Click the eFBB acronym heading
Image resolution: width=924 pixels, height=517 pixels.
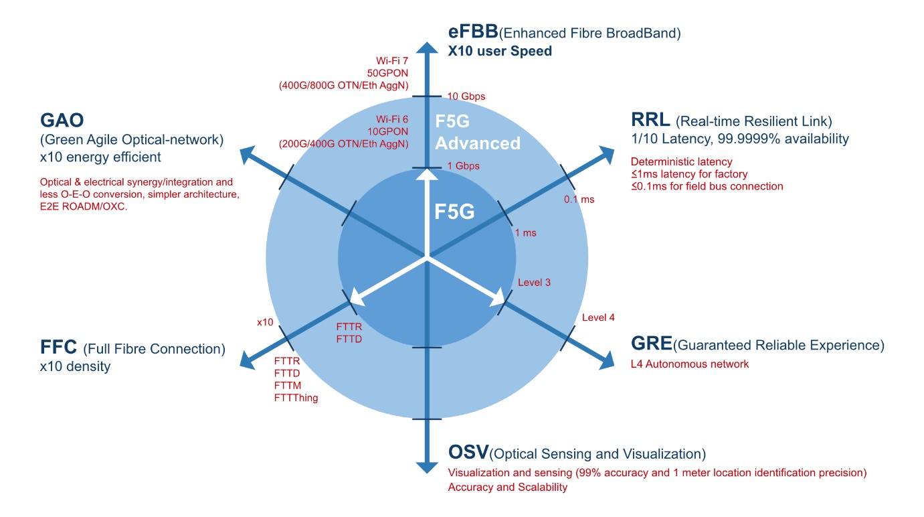point(473,31)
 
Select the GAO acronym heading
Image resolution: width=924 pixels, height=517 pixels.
point(62,121)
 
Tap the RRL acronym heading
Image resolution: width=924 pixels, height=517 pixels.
point(650,119)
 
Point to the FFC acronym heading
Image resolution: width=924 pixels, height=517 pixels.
point(58,347)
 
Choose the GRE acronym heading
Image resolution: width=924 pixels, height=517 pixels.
point(651,343)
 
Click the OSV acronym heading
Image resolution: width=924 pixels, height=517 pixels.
point(468,452)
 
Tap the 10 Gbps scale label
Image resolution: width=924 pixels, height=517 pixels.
point(466,96)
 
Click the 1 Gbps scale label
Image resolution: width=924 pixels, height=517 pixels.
point(463,166)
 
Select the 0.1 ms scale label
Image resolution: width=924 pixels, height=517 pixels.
point(579,200)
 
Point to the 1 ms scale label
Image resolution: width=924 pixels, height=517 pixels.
point(525,233)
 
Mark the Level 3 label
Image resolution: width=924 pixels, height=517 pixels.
point(534,283)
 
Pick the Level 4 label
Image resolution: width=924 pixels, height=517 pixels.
point(598,317)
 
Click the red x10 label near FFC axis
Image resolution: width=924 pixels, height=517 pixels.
point(265,322)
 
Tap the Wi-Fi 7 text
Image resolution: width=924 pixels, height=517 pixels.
point(392,61)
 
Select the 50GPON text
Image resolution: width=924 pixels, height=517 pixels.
point(387,73)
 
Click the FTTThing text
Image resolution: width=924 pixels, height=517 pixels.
point(296,398)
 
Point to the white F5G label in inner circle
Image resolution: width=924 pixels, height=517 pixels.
point(454,212)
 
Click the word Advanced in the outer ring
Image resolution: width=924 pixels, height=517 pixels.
point(478,143)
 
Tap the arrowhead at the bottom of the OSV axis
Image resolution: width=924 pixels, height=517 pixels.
point(426,467)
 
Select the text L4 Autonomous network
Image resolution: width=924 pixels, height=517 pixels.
point(690,364)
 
